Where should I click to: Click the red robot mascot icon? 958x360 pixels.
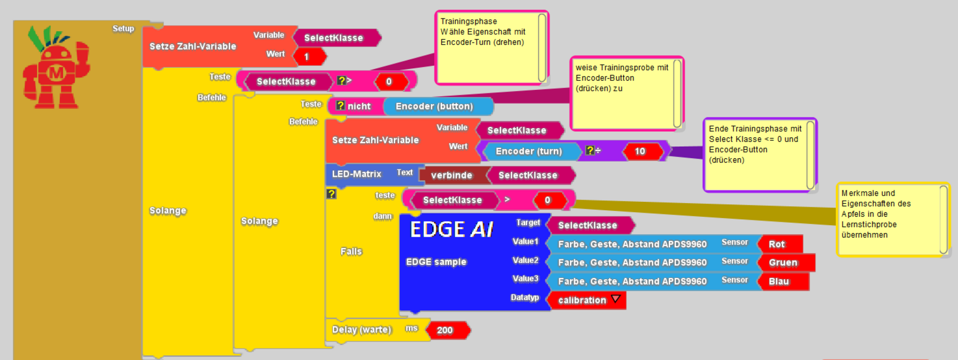[56, 69]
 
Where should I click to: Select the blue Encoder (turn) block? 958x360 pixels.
[529, 152]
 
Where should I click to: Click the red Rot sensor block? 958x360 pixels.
[778, 244]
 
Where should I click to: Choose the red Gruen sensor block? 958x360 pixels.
[784, 263]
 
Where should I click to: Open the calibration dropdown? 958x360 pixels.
[616, 300]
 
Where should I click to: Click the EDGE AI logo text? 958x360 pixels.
[451, 229]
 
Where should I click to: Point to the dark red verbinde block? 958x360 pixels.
[452, 176]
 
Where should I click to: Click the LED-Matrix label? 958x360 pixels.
[357, 174]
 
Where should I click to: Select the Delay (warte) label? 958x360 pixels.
[362, 329]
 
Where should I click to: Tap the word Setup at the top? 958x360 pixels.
[123, 28]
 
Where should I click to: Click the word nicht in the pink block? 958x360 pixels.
[359, 107]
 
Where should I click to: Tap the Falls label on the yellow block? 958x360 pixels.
[351, 252]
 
